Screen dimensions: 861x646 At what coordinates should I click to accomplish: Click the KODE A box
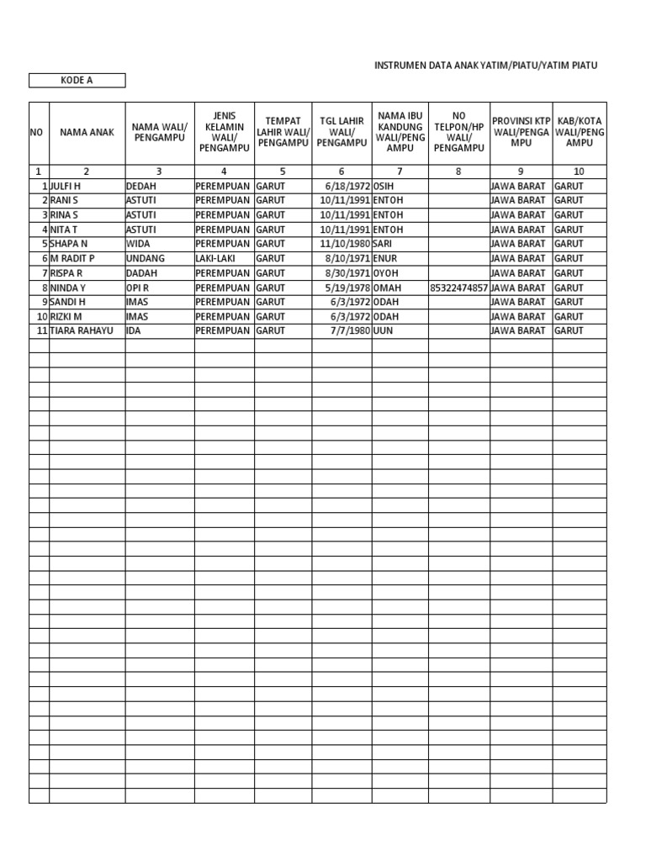click(x=77, y=81)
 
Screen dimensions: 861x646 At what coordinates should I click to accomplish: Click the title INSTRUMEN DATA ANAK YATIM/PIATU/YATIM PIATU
click(x=485, y=65)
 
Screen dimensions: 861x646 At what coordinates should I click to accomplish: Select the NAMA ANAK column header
click(x=87, y=133)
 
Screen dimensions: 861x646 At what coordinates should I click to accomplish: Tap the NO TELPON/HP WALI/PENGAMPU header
click(x=458, y=132)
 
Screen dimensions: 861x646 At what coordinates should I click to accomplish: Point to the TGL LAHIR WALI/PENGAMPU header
click(x=342, y=132)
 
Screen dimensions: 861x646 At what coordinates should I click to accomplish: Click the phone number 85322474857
click(x=458, y=288)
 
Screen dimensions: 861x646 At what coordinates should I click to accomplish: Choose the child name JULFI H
click(x=71, y=186)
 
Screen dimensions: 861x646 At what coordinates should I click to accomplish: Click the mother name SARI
click(x=384, y=244)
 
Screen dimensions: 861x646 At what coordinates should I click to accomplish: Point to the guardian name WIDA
click(x=138, y=244)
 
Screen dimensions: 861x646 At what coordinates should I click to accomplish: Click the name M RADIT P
click(x=73, y=259)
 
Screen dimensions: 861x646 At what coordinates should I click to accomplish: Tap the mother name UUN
click(x=383, y=331)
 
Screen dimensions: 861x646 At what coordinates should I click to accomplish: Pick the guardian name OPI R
click(x=138, y=288)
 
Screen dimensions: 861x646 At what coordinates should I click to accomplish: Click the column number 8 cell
click(x=458, y=172)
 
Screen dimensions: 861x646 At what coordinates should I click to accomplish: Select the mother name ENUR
click(x=386, y=259)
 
